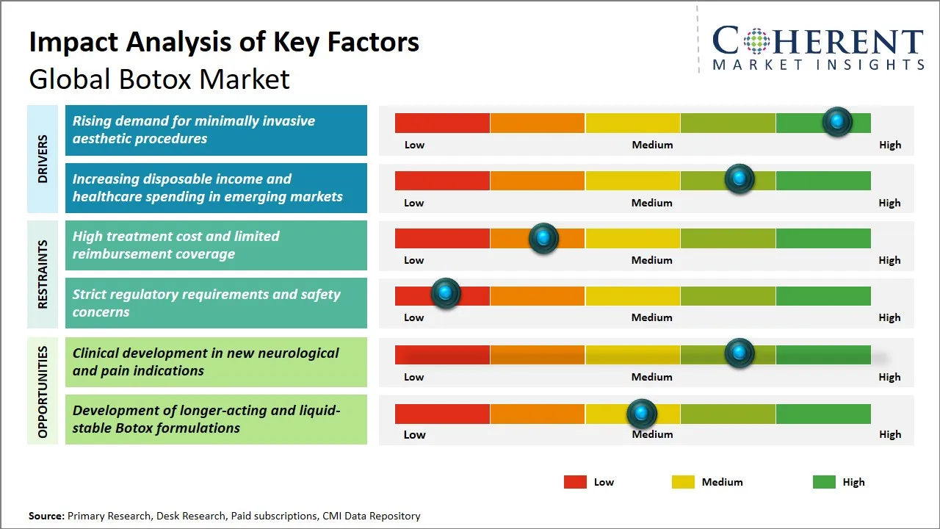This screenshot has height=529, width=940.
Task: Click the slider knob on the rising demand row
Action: (x=837, y=121)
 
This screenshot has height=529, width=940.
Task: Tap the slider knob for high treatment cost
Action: (x=543, y=238)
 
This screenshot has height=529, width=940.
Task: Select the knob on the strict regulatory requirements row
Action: (x=445, y=293)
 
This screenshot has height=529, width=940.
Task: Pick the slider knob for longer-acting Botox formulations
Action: (x=642, y=414)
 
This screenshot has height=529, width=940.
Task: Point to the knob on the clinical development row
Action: (x=740, y=353)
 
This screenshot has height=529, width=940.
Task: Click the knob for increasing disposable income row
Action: (x=740, y=179)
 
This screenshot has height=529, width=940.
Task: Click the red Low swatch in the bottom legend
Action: (x=575, y=482)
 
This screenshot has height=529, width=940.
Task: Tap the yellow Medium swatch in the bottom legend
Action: (x=683, y=482)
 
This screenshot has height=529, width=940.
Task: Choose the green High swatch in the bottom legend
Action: (x=824, y=482)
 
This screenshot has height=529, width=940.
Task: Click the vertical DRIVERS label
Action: (x=43, y=158)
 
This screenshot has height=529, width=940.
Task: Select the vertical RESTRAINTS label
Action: (x=43, y=273)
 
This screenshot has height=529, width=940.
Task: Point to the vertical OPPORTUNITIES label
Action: (x=43, y=392)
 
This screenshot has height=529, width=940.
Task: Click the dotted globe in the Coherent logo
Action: (x=756, y=41)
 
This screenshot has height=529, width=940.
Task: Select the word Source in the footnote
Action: (x=46, y=516)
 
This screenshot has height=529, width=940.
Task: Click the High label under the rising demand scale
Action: (x=889, y=145)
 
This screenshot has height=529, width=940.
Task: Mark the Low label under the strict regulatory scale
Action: (x=413, y=317)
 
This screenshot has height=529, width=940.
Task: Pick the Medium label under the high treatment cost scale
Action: (x=651, y=260)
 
